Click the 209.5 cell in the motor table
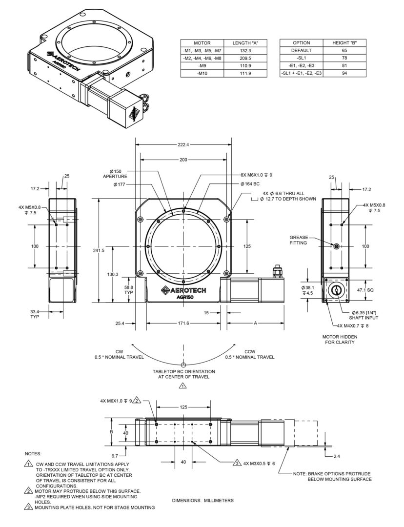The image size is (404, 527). tap(245, 58)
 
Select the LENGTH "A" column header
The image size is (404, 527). tap(245, 43)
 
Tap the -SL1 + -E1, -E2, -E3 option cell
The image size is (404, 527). tap(301, 73)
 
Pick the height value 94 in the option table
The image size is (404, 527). tap(344, 73)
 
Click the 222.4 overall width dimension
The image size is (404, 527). tap(183, 145)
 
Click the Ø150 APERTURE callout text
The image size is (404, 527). tap(115, 174)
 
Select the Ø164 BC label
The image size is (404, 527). tap(250, 184)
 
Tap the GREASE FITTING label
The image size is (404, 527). tap(299, 240)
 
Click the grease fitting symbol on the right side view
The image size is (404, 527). tap(337, 246)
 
